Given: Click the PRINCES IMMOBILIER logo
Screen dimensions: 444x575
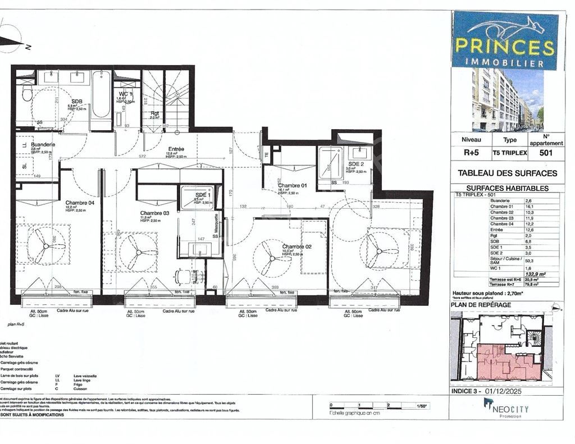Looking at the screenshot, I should (x=505, y=40).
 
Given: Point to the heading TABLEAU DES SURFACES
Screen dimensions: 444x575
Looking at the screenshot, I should (x=507, y=173).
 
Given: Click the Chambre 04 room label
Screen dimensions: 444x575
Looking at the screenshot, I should (x=80, y=203).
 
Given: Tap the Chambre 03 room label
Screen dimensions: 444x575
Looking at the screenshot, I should (x=154, y=213).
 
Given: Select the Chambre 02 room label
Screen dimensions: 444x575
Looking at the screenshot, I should (x=296, y=247).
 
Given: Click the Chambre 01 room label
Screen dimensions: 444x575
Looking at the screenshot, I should (x=292, y=185).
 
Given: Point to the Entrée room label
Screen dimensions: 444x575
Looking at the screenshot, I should (x=175, y=149).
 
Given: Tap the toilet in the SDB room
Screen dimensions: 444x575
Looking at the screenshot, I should (x=27, y=93).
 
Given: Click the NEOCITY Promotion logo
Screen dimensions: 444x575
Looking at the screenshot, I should (x=505, y=408).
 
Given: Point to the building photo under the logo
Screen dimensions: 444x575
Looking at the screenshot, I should (x=507, y=100).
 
